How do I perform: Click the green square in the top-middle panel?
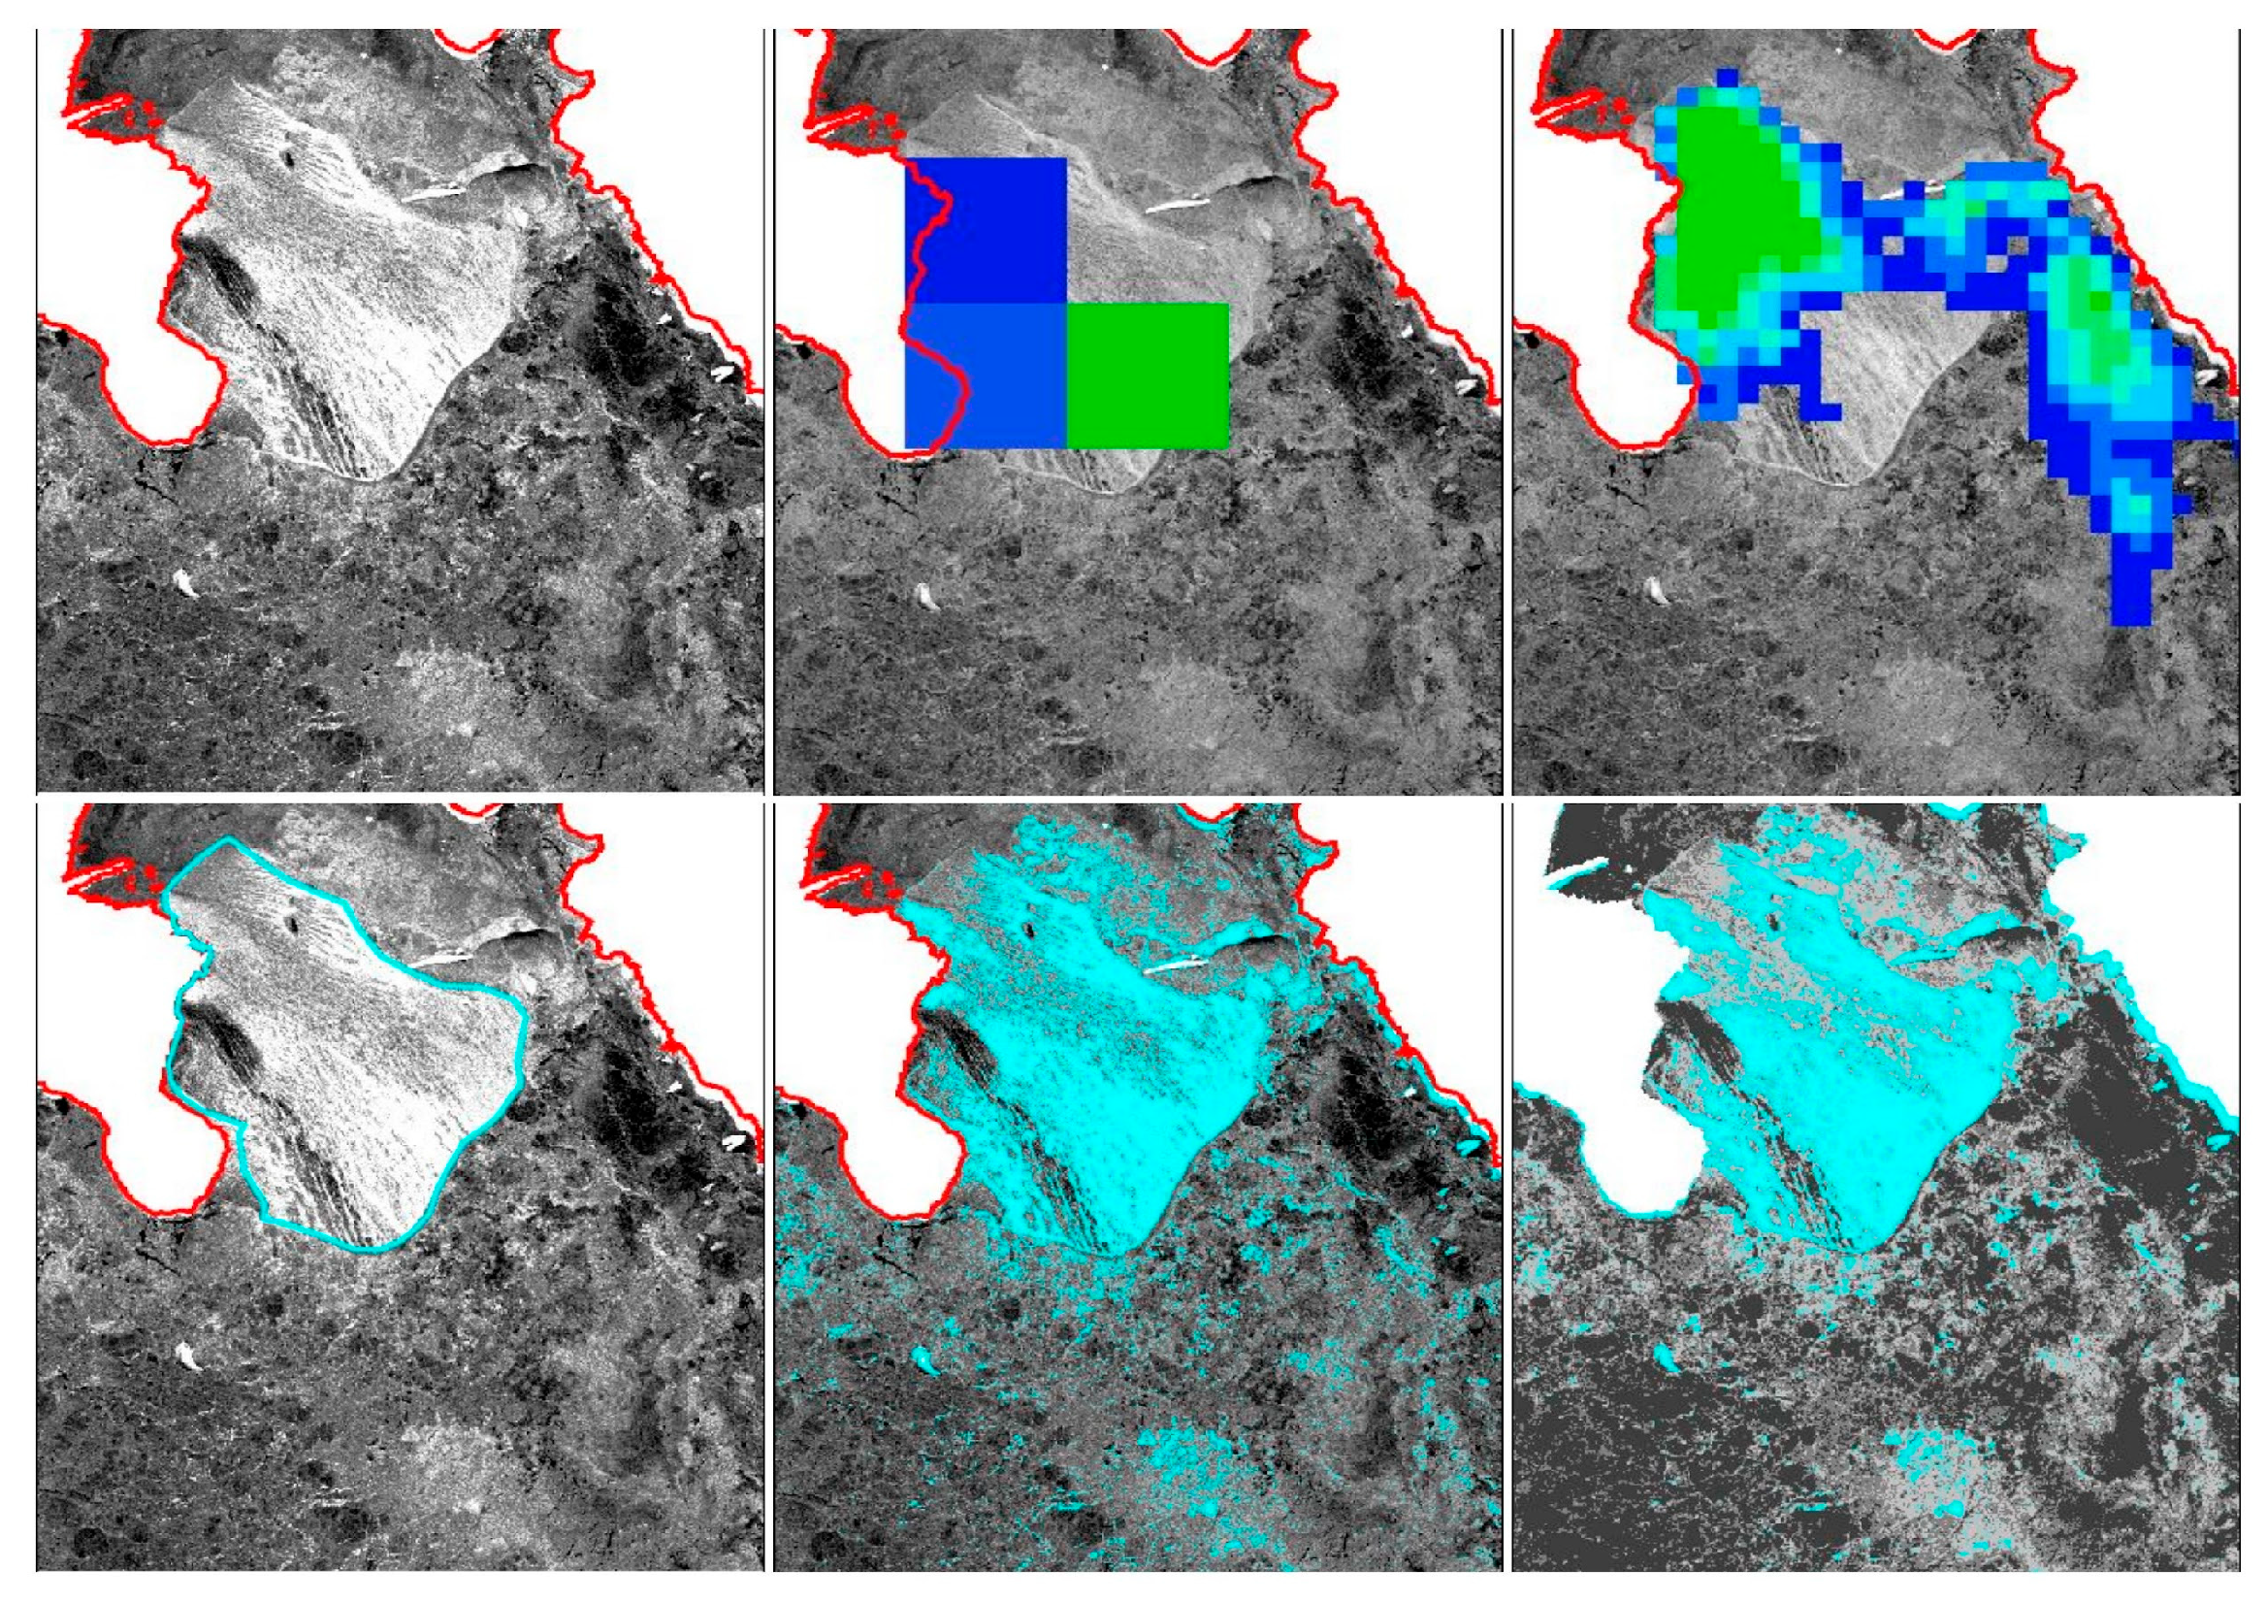pyautogui.click(x=1148, y=376)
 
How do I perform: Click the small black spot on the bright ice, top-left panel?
pyautogui.click(x=288, y=159)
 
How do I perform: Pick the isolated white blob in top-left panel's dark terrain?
pyautogui.click(x=185, y=583)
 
